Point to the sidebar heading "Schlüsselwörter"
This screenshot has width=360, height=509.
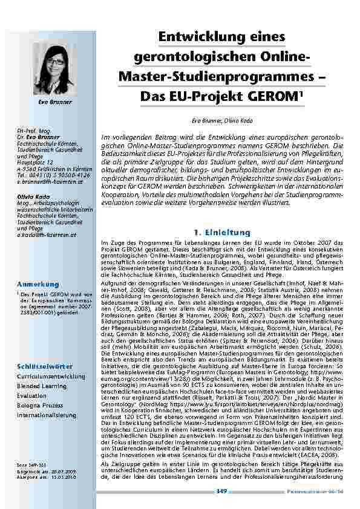click(x=45, y=366)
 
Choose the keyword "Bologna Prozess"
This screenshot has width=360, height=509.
click(x=40, y=405)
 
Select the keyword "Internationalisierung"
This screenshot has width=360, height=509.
click(x=47, y=415)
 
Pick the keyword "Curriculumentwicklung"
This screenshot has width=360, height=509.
click(x=51, y=375)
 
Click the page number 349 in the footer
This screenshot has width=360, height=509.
click(x=221, y=491)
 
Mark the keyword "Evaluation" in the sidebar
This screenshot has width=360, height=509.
click(x=31, y=395)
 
